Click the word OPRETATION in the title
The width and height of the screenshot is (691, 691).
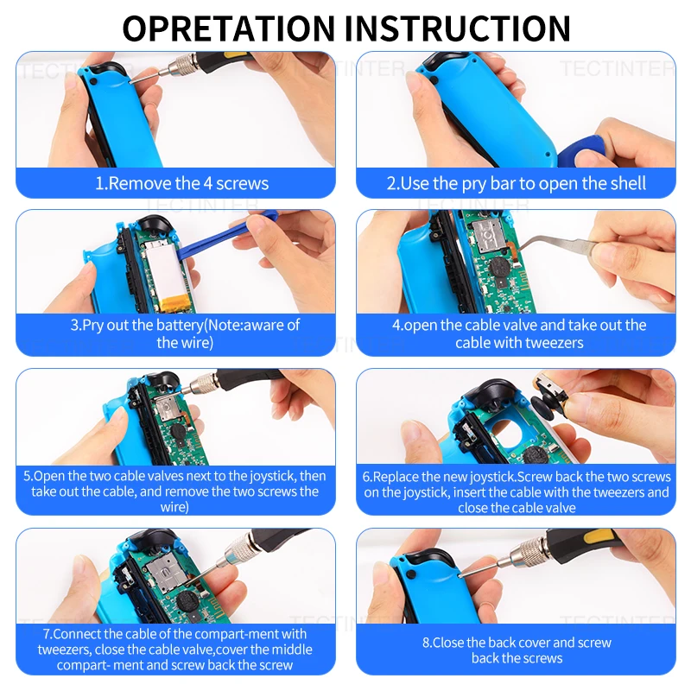[x=228, y=29]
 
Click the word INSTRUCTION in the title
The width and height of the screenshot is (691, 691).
[x=458, y=29]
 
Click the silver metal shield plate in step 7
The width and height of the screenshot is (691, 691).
[x=164, y=572]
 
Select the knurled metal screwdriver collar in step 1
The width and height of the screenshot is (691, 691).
[x=186, y=66]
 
